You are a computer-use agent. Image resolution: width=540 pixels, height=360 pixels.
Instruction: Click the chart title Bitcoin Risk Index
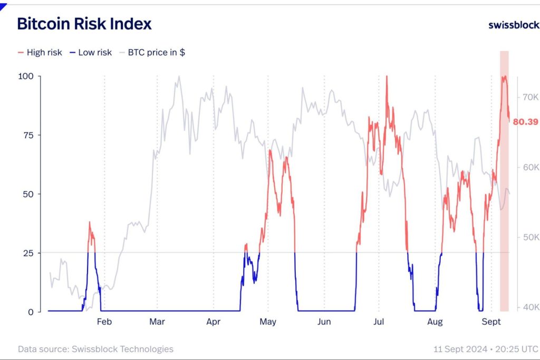84,24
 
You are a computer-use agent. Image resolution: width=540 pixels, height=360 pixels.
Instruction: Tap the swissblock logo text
513,25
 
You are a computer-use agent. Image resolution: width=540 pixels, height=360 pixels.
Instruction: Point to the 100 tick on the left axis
26,76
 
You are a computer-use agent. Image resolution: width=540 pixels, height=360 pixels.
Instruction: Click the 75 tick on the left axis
28,135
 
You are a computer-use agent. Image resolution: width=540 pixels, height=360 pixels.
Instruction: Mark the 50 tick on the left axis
28,194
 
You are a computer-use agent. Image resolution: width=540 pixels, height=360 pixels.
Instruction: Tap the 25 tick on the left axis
28,253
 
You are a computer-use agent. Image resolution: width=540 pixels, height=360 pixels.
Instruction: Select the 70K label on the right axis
530,97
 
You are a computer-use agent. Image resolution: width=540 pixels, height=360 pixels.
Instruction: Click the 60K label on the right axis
530,167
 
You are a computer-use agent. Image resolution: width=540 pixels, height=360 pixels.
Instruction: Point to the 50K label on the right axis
530,237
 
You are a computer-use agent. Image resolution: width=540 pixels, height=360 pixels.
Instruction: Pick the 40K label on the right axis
530,307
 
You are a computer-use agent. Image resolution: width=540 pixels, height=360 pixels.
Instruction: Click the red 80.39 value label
525,122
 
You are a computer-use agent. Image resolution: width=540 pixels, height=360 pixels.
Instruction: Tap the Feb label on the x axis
104,322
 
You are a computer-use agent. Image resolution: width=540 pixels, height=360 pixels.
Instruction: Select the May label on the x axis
268,322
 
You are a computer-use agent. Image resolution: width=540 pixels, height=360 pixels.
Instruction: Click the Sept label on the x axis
491,322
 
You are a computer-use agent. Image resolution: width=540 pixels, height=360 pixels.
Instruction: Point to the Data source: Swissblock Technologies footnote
95,349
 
